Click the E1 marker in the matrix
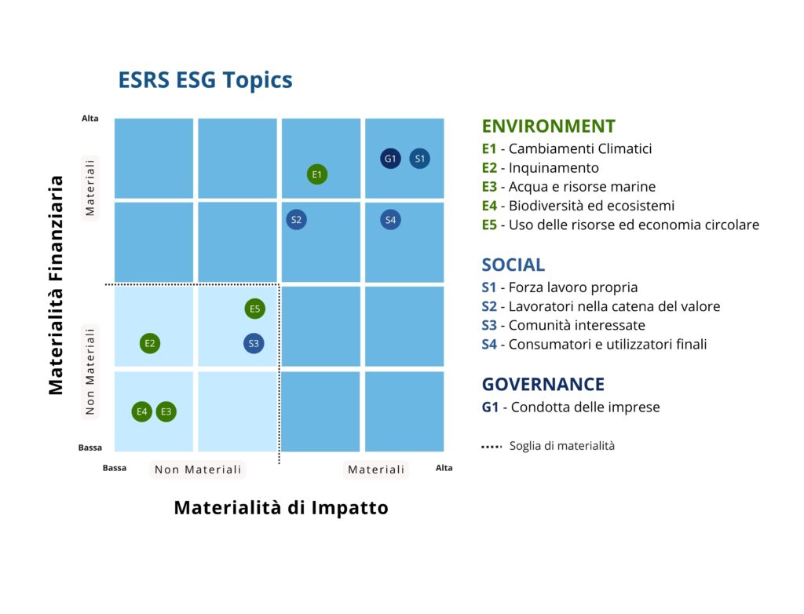click(x=317, y=174)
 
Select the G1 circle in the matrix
click(x=390, y=159)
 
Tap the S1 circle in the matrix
click(x=419, y=159)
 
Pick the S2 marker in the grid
click(x=296, y=220)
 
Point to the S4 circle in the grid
click(x=390, y=220)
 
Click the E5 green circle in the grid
click(x=255, y=309)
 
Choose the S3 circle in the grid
click(x=254, y=343)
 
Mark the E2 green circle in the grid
click(x=150, y=343)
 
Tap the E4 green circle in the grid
click(x=141, y=411)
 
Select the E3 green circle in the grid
click(x=166, y=411)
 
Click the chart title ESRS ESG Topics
click(x=205, y=80)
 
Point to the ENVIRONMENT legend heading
click(x=549, y=126)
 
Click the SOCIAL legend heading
click(x=513, y=265)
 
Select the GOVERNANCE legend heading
click(x=543, y=384)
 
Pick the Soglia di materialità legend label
click(x=562, y=446)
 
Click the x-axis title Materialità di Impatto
click(x=281, y=508)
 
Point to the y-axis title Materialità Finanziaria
click(x=56, y=285)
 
